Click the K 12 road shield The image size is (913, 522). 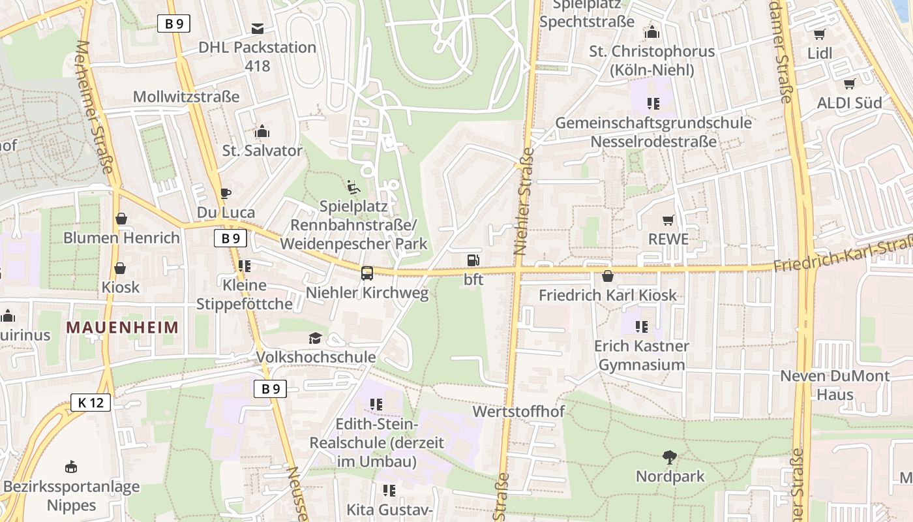tap(91, 403)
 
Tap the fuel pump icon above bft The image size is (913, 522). tap(473, 260)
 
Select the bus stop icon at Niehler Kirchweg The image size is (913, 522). tap(367, 273)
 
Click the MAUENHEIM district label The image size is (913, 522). tap(122, 327)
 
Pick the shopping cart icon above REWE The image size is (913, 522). tap(668, 221)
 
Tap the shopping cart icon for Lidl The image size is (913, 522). tap(819, 34)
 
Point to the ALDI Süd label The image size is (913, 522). tap(849, 102)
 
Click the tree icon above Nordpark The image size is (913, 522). tap(670, 457)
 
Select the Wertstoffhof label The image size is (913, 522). tap(518, 412)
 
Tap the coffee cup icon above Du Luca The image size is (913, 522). tap(226, 193)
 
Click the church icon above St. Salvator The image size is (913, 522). tap(262, 132)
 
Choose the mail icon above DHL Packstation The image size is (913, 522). tap(258, 28)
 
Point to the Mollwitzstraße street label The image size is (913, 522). tap(186, 97)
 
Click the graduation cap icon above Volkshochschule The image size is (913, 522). tap(316, 338)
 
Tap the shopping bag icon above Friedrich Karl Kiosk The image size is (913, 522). tap(608, 276)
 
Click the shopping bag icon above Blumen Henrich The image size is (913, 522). tap(121, 219)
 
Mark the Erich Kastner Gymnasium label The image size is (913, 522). tap(641, 355)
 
